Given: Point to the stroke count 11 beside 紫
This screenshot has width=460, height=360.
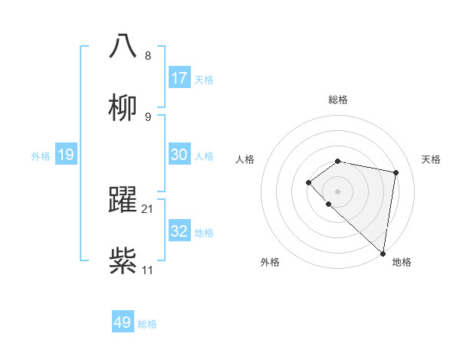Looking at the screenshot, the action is point(148,270).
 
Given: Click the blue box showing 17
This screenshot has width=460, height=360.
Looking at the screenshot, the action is point(179,78).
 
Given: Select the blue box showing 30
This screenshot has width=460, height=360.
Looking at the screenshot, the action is point(179,155).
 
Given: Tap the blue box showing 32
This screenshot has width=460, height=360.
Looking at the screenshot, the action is point(179,231).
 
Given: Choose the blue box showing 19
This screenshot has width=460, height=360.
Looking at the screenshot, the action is point(66,155).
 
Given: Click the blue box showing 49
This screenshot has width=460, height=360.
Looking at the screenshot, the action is point(123,322).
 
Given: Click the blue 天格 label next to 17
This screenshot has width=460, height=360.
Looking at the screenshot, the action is point(204,80).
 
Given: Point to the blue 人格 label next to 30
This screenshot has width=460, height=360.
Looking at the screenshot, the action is point(204,156).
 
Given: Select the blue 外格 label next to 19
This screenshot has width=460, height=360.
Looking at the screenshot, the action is point(41,156).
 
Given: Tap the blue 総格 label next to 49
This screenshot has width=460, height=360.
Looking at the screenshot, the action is point(147,324).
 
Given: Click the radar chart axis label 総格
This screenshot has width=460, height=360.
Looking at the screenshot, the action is point(338,100).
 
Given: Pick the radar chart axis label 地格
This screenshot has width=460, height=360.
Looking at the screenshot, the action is point(402,262).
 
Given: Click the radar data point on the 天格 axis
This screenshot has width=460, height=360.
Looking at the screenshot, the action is point(396,172).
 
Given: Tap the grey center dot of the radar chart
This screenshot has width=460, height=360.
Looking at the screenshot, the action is point(338,191).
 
